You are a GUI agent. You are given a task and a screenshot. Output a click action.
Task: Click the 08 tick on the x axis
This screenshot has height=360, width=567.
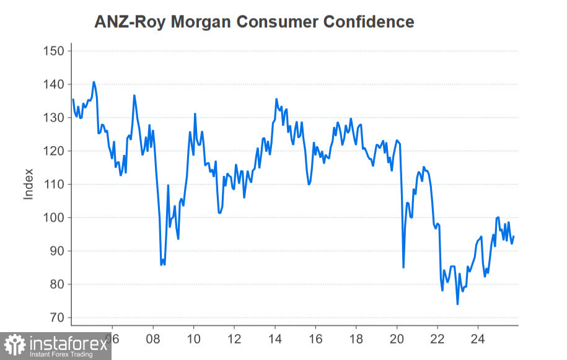(x=153, y=340)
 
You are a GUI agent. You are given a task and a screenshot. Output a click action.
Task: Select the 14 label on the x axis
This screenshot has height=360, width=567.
(x=275, y=340)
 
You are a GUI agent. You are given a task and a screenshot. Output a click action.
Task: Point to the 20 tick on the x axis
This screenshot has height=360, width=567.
(x=397, y=340)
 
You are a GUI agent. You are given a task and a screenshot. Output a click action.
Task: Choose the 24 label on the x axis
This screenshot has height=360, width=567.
(x=478, y=340)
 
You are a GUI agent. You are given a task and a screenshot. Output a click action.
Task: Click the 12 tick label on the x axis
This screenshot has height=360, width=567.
(x=234, y=340)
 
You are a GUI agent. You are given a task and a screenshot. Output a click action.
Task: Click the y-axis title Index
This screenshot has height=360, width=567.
(x=29, y=184)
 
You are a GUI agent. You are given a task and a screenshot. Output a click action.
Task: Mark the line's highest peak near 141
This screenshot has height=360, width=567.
(x=94, y=82)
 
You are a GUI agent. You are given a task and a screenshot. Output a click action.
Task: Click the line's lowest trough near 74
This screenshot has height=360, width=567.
(x=457, y=304)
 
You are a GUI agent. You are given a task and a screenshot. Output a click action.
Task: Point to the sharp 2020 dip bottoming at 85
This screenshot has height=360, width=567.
(x=403, y=267)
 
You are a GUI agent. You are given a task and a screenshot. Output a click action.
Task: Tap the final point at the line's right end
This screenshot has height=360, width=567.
(x=514, y=237)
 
